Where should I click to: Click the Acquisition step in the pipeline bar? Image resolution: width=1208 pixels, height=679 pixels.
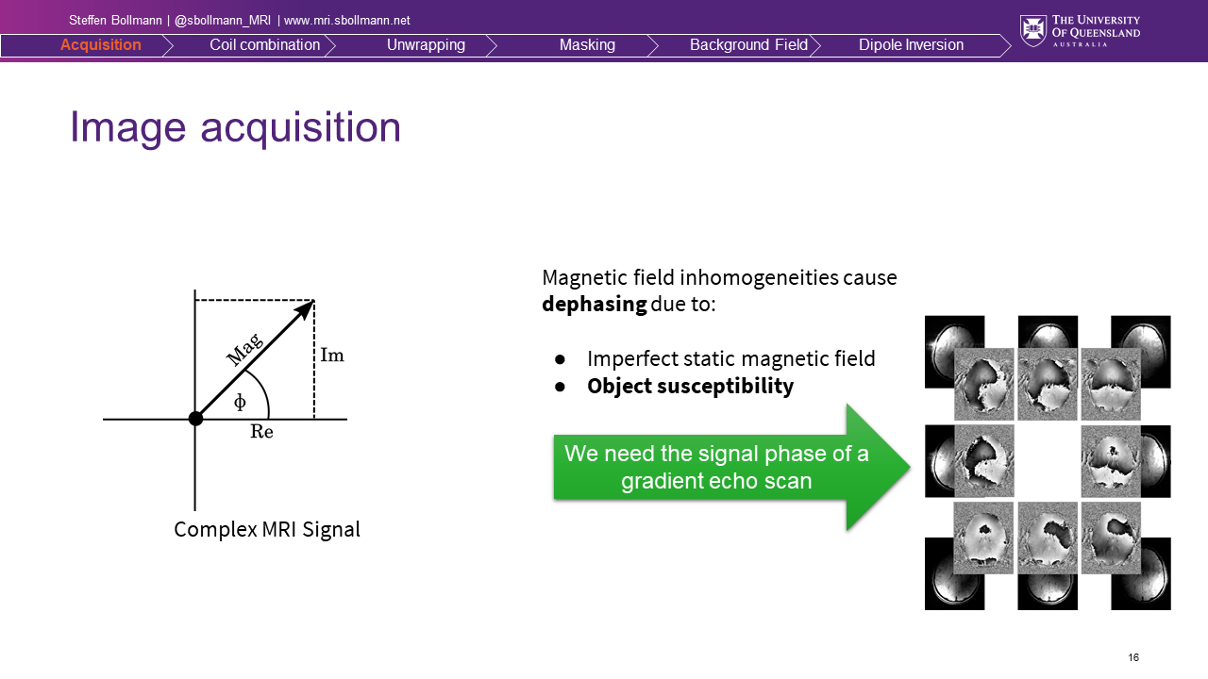[x=100, y=44]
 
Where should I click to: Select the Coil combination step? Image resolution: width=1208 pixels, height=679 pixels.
[x=265, y=44]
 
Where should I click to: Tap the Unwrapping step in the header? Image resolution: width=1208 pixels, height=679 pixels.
[x=426, y=44]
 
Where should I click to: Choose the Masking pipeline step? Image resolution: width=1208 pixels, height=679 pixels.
[x=587, y=44]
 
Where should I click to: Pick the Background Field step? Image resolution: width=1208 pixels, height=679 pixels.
[x=748, y=44]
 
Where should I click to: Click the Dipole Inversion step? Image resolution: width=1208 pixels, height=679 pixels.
[x=911, y=44]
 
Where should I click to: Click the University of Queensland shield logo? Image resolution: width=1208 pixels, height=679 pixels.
[x=1033, y=31]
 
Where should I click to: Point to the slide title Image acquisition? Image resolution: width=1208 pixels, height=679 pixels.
[x=236, y=127]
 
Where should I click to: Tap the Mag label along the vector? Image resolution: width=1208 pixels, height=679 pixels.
[x=244, y=349]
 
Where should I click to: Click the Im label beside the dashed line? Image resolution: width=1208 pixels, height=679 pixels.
[x=332, y=356]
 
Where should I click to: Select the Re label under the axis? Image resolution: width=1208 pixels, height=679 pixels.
[x=261, y=432]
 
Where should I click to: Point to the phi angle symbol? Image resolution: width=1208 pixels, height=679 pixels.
[x=240, y=402]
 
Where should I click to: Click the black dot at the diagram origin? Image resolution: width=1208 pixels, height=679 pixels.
[x=195, y=419]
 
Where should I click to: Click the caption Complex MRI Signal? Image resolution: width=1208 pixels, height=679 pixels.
[x=267, y=529]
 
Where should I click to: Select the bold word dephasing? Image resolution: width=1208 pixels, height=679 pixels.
[x=595, y=304]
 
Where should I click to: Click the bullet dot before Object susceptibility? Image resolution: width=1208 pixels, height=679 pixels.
[x=560, y=387]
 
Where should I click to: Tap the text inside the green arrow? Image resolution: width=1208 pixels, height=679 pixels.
[x=716, y=467]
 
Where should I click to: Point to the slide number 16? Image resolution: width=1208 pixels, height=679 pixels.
[x=1133, y=657]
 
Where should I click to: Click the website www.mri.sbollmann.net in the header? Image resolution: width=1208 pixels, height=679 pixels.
[x=346, y=21]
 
